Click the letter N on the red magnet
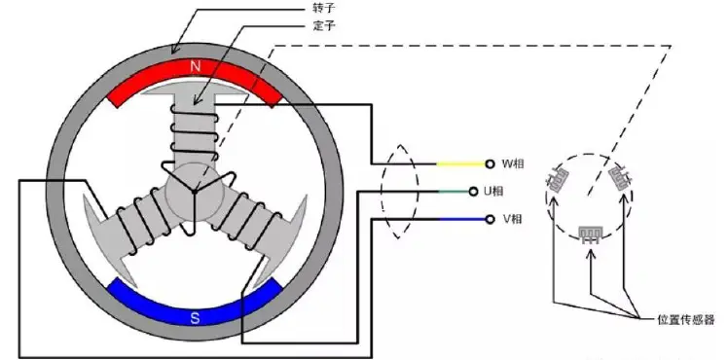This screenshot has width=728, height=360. pos(195,67)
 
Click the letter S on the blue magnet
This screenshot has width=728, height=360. pos(195,318)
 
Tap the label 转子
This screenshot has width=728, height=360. pos(324,9)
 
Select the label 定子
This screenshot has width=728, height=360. pos(324,25)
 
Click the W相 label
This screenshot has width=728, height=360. pos(514,163)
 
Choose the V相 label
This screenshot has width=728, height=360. pos(513,219)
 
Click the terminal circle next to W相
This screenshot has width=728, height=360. pos(490,163)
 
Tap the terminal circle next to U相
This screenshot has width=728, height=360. pos(473,191)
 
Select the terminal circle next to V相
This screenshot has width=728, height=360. pos(490,219)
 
